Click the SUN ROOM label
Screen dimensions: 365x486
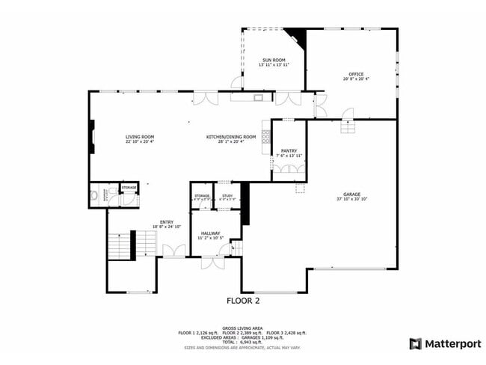pos(273,60)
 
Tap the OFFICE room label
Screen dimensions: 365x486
pos(356,74)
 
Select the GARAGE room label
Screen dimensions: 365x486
pos(352,194)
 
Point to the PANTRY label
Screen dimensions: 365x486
pos(289,151)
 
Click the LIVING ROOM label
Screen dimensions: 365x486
pos(140,137)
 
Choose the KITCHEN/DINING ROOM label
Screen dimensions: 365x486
pos(231,137)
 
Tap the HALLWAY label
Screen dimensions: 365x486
pos(209,233)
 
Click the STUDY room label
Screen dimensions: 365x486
pos(227,195)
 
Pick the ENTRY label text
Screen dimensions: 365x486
pos(167,221)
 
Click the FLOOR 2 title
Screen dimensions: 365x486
pos(244,301)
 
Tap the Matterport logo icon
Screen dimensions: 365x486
pos(415,344)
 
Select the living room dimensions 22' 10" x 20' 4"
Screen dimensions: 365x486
pos(140,142)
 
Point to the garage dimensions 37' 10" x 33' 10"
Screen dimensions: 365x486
pos(352,199)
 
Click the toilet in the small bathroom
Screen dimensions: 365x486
pos(94,197)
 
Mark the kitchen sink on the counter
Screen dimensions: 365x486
pos(258,97)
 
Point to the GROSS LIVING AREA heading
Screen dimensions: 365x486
pos(242,328)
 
